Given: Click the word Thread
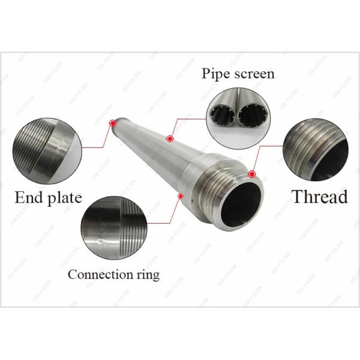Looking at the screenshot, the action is point(320,196).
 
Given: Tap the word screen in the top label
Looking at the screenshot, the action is point(254,74).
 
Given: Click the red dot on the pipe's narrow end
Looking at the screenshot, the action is point(112,124).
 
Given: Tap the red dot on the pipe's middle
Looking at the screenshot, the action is point(170,139).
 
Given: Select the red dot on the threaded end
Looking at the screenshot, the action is point(252,175).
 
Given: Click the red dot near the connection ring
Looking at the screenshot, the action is point(181,195).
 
